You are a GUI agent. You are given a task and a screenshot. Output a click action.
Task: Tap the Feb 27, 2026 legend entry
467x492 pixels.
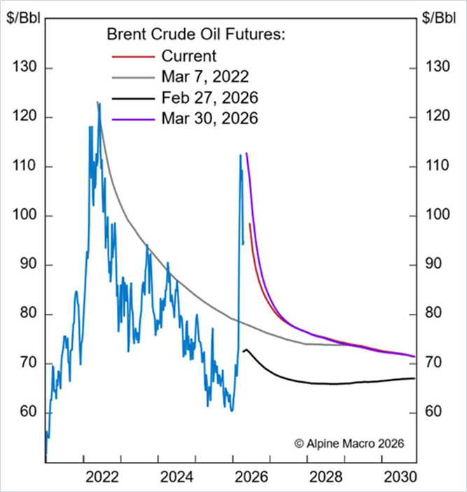click(203, 97)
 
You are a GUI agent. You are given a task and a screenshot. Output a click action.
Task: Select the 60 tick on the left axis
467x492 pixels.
click(27, 412)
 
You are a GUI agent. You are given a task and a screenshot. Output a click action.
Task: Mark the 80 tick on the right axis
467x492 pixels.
click(437, 314)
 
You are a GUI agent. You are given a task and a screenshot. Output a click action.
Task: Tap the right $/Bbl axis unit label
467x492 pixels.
click(439, 18)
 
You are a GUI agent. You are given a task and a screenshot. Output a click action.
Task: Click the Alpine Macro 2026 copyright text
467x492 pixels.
click(349, 443)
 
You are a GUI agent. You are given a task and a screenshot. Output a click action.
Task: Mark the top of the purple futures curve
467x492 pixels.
click(246, 153)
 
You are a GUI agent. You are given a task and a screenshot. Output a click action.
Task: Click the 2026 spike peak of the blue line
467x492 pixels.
click(240, 156)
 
